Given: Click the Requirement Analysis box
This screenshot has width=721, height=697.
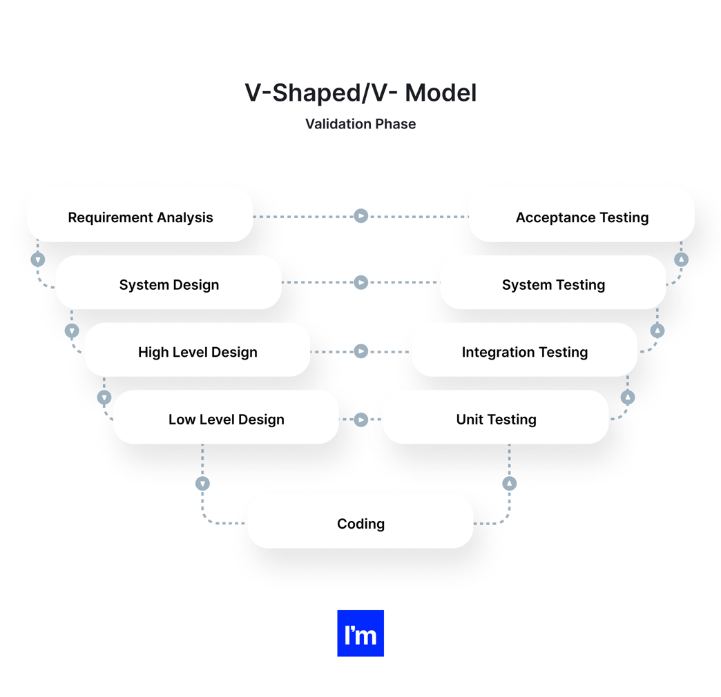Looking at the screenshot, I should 140,217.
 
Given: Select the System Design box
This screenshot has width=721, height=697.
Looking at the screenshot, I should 169,284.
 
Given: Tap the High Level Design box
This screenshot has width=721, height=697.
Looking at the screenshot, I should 198,352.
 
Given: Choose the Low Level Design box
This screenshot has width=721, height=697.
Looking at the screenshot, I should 226,419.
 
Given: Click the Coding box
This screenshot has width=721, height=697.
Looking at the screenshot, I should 360,524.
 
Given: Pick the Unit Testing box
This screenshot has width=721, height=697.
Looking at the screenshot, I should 496,419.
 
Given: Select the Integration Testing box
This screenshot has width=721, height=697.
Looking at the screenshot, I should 524,352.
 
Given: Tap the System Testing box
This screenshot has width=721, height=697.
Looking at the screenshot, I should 553,284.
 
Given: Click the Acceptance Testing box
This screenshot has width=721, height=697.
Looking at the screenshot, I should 581,217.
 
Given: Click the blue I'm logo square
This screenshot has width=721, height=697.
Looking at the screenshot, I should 360,633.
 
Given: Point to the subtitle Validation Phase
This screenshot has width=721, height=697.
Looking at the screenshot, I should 360,124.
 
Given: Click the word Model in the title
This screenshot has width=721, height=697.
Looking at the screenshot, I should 441,92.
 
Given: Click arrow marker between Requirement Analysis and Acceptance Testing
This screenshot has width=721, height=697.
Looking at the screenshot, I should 360,216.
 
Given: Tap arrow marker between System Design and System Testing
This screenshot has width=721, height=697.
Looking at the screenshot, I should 360,282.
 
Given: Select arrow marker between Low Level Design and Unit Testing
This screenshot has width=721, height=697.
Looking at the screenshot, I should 360,420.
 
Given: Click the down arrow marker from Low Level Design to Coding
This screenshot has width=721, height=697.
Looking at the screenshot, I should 202,484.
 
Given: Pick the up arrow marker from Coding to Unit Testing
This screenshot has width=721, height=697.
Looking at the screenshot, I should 510,484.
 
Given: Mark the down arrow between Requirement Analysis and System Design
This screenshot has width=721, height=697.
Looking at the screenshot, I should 38,259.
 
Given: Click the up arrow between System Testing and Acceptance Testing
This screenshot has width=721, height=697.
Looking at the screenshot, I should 682,259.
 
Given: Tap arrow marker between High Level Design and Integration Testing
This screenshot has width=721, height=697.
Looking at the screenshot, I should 360,351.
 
